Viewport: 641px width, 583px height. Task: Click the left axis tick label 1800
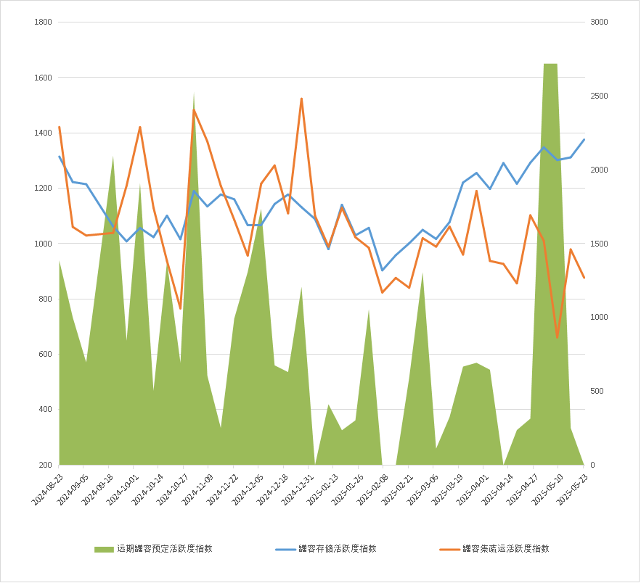(x=43, y=22)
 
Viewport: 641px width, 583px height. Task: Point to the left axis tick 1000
(x=43, y=244)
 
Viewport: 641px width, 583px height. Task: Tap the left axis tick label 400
(x=45, y=409)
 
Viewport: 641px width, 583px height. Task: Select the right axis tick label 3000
(x=598, y=22)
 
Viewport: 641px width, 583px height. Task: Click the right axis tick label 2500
(x=598, y=96)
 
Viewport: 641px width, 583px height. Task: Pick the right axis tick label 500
(x=596, y=391)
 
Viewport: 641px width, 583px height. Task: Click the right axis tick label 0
(x=592, y=465)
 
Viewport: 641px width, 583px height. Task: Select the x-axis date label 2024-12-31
(x=298, y=490)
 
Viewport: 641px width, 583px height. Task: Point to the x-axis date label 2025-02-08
(x=373, y=490)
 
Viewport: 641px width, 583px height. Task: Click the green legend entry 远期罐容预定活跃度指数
(x=164, y=549)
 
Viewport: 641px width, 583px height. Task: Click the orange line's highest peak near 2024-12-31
(x=301, y=99)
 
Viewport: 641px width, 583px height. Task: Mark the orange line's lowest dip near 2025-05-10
(x=558, y=338)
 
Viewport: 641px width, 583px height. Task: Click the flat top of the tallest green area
(x=550, y=64)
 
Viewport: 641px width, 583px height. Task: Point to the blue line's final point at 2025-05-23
(x=584, y=139)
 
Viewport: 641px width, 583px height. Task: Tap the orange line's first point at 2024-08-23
(x=60, y=127)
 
